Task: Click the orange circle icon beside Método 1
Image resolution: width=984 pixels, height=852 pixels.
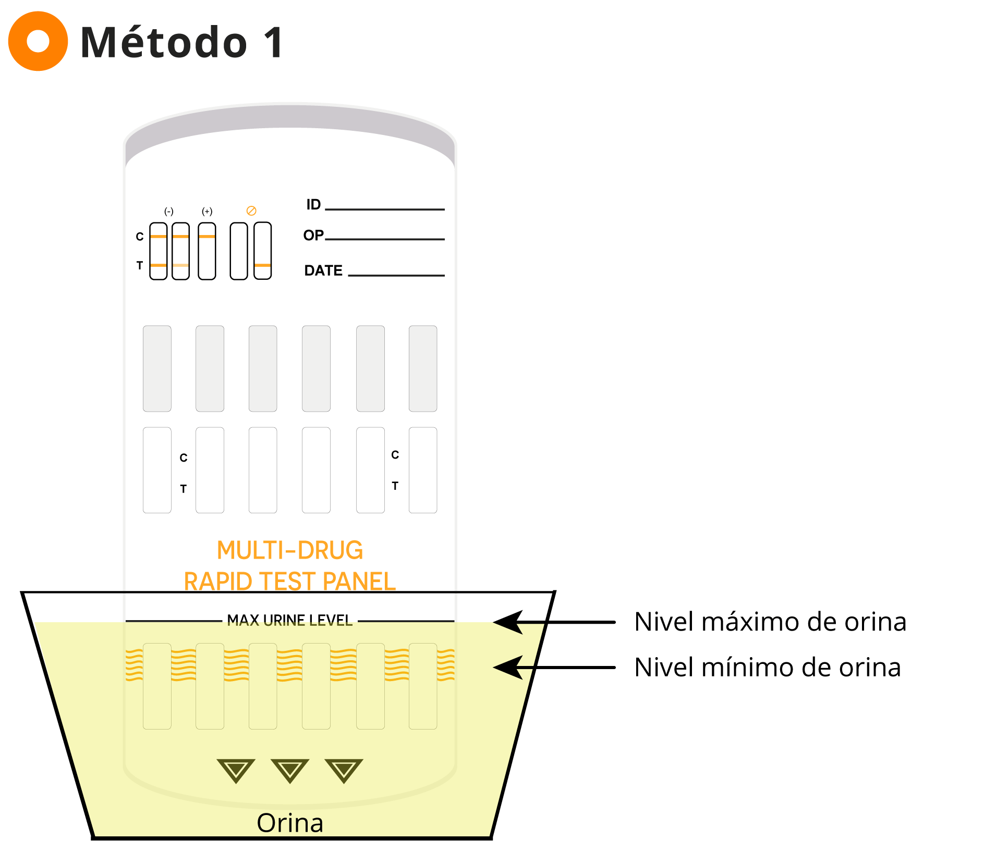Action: [x=38, y=41]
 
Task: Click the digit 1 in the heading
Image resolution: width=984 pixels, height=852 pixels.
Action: [x=273, y=42]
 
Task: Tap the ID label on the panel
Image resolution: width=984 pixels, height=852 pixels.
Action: [x=313, y=204]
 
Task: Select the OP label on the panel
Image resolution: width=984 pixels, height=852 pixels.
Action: [x=313, y=235]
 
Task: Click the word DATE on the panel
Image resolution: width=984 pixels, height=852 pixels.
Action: [x=323, y=270]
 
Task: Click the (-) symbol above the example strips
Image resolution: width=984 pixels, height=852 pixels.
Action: [x=169, y=212]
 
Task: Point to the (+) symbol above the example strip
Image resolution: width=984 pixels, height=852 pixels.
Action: [x=207, y=212]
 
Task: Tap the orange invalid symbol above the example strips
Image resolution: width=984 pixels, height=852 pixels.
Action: [x=251, y=211]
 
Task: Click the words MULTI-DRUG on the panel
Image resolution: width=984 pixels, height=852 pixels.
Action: [x=290, y=550]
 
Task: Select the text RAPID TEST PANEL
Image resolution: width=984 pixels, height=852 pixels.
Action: [x=290, y=581]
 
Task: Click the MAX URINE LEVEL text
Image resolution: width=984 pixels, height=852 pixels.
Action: [x=290, y=620]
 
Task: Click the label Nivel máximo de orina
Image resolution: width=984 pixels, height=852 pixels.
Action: [x=770, y=622]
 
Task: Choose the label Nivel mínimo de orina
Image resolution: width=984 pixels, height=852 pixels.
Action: [x=768, y=668]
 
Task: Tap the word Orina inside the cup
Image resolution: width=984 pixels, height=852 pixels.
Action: [x=290, y=823]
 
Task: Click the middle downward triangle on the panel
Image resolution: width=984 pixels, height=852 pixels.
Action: [x=290, y=771]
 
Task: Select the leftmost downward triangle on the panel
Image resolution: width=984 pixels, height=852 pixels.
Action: [x=236, y=771]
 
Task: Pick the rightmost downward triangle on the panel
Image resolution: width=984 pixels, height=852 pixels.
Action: [x=344, y=771]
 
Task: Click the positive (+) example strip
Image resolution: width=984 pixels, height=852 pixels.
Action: [x=207, y=251]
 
